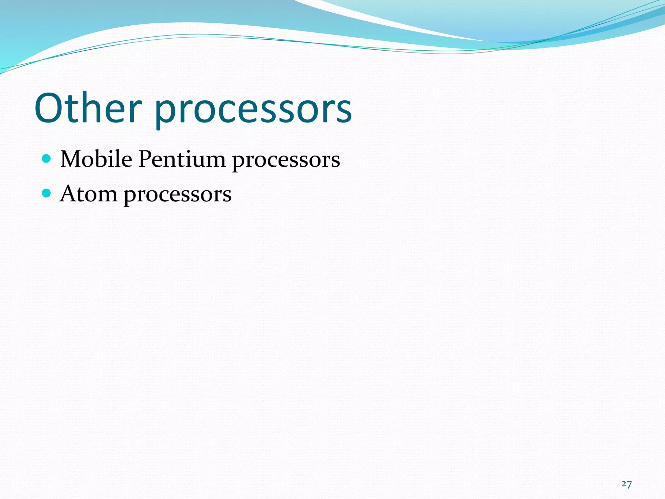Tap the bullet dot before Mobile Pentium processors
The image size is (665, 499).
tap(47, 159)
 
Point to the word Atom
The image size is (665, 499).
tap(88, 194)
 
